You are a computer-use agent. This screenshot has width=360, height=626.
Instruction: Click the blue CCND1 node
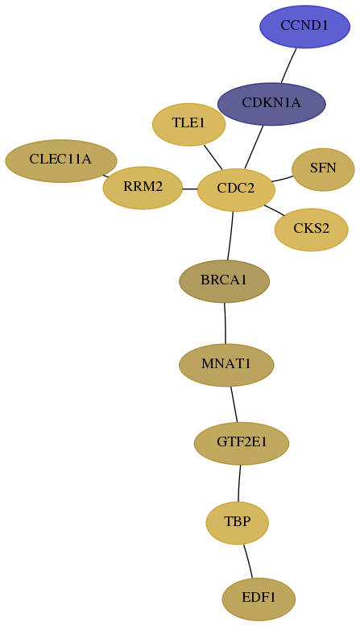(305, 27)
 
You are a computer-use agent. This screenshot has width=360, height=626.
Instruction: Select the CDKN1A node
(271, 104)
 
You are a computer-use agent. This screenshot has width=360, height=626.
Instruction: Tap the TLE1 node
(188, 124)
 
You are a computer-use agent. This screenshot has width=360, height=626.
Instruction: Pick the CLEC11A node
(60, 161)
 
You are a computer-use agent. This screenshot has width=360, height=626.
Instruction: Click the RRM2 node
(143, 188)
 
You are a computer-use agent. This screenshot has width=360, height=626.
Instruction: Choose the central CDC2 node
(236, 189)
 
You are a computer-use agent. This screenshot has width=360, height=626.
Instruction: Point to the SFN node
(323, 169)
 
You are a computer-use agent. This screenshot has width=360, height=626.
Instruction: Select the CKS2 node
(312, 230)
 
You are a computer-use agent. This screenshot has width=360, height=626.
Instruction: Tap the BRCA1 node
(225, 281)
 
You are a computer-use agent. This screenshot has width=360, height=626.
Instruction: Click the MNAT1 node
(226, 365)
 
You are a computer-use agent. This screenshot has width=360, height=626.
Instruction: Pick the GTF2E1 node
(242, 443)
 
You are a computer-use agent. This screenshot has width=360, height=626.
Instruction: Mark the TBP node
(238, 523)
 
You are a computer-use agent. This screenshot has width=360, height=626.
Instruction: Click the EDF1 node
(259, 599)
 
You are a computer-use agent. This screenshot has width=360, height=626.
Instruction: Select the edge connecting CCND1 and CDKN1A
(288, 65)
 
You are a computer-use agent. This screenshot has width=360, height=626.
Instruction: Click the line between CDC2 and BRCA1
(230, 235)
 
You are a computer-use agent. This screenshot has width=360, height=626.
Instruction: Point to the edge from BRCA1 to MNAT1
(226, 323)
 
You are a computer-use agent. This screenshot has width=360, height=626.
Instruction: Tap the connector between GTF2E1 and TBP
(239, 483)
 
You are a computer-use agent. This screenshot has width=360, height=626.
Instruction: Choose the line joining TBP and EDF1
(248, 561)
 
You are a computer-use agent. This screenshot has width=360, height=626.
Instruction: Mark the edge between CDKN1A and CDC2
(254, 147)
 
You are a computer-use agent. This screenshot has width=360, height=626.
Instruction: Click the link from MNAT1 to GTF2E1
(234, 404)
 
